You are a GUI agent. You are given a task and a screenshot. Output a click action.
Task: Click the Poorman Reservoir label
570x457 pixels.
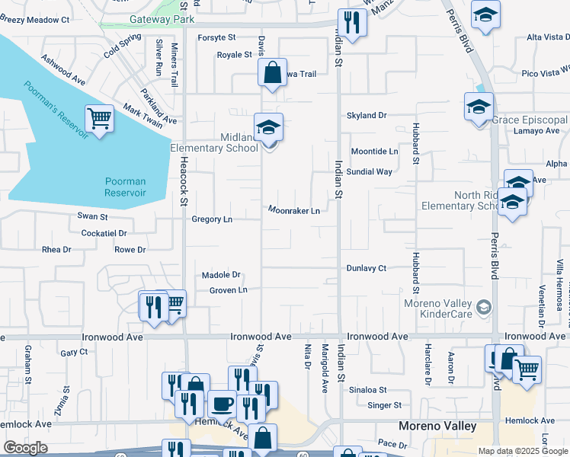[126, 187]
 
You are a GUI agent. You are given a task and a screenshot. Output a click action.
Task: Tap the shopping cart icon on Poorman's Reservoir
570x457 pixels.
[99, 119]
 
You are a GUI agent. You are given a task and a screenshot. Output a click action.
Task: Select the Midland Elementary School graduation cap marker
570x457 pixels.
[268, 127]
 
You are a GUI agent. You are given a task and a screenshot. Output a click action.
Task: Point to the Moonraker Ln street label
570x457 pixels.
[293, 210]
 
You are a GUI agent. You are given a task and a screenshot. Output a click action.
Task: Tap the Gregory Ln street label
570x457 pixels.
[212, 219]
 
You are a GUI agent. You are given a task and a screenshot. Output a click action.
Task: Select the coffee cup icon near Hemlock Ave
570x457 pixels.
[222, 403]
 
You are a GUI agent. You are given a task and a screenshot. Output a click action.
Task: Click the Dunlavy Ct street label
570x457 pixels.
[367, 268]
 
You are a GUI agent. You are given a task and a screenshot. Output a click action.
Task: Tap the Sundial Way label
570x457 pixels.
[369, 172]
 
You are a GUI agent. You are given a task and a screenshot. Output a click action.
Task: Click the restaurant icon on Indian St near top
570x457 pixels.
[352, 23]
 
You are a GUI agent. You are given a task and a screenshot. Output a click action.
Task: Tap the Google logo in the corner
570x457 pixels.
[25, 448]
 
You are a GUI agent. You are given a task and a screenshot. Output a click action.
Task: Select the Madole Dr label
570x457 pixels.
[221, 275]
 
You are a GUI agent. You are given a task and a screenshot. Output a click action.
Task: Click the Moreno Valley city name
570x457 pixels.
[439, 426]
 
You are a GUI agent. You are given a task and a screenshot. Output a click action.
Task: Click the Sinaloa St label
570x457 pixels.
[379, 390]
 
